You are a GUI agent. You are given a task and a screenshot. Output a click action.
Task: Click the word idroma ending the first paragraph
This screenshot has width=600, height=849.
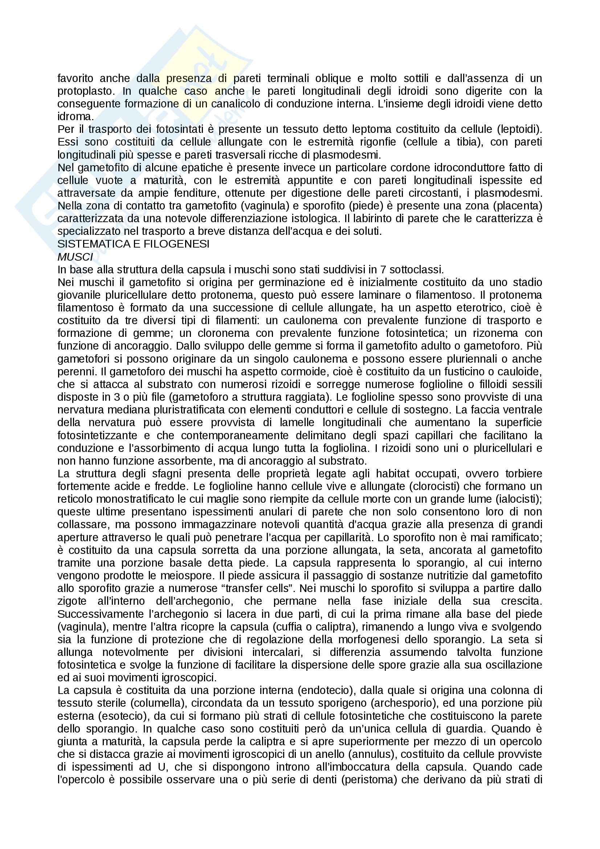(75, 117)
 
